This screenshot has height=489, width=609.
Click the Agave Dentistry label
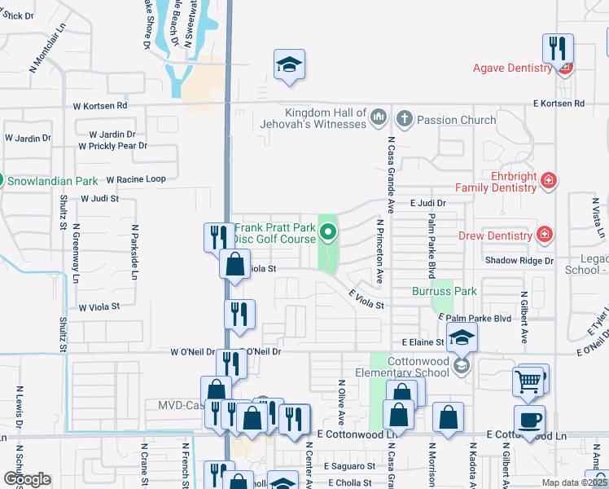pos(512,68)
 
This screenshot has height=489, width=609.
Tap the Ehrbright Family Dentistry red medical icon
pos(549,179)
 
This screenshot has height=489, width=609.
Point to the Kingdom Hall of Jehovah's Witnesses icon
pos(377,119)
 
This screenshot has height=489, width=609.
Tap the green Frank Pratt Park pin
pos(328,234)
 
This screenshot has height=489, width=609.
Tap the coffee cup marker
pos(530,420)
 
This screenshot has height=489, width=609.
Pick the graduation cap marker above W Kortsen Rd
pos(289,65)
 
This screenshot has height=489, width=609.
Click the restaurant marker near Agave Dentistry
pos(558,48)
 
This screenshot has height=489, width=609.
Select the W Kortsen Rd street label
pos(100,106)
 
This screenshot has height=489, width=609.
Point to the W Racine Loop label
pos(129,179)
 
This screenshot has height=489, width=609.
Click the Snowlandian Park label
pos(55,181)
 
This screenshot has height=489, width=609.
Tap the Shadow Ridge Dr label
pos(519,261)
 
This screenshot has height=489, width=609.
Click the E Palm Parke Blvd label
pos(474,318)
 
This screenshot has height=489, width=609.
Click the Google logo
pos(26,479)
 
